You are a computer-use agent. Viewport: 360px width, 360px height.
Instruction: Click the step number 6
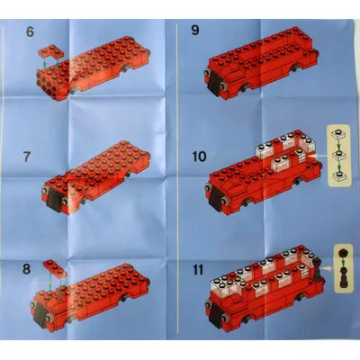pos(30,31)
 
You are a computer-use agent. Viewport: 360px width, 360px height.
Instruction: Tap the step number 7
pos(27,157)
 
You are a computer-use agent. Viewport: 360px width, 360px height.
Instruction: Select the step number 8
pos(27,269)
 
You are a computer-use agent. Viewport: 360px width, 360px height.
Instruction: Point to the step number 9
pos(195,30)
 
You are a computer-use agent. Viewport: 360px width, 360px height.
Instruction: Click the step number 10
pos(200,157)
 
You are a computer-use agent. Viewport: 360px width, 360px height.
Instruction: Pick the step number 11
pos(198,270)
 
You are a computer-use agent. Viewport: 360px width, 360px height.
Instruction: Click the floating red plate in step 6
pos(51,51)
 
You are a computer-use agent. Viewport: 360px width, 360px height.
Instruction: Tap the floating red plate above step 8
pos(56,268)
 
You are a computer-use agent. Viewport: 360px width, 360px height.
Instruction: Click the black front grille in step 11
pos(216,315)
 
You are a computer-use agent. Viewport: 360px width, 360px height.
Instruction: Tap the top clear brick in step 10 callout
pos(338,135)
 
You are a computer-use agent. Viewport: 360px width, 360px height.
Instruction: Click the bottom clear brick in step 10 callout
pos(338,176)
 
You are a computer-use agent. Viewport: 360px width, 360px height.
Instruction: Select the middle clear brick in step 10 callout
pos(338,156)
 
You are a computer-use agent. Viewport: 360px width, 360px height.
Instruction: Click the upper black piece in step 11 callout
pos(343,254)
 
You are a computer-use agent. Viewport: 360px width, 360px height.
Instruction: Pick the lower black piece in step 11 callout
pos(343,279)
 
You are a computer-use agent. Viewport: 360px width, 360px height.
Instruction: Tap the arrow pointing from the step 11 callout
pos(328,267)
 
